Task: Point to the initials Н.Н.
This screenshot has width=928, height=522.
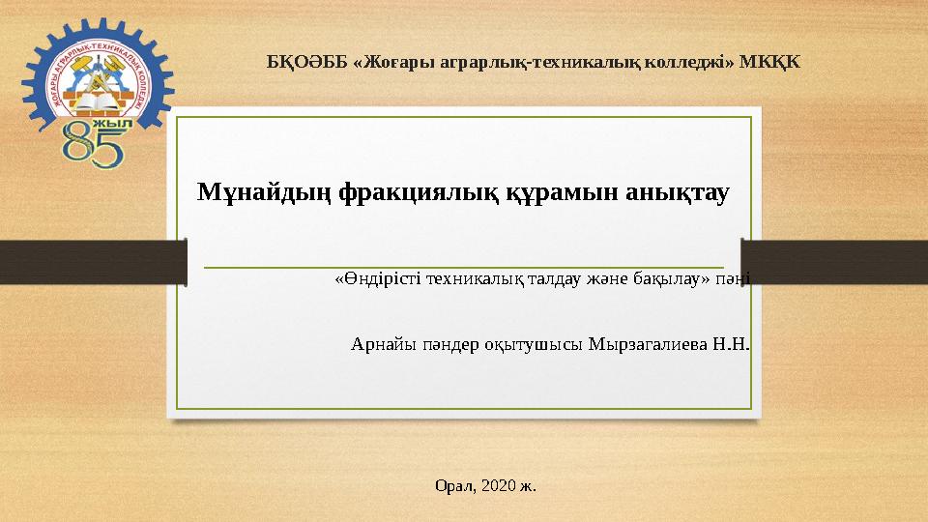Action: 732,344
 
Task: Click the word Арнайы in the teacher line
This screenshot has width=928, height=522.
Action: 381,344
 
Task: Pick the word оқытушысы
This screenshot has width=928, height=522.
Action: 535,344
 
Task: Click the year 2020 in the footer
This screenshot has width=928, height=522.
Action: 498,483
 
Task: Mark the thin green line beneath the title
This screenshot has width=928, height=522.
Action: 464,267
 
